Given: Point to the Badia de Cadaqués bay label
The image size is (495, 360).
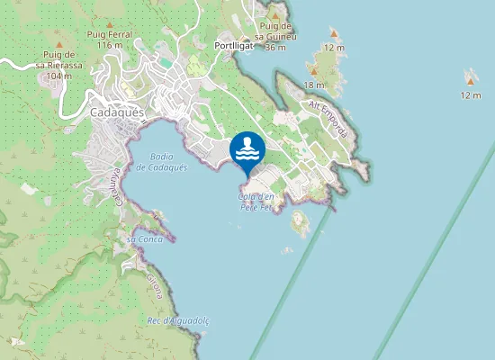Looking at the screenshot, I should pos(162,162).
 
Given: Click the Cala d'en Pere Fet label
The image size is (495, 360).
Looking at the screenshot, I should pos(256,202).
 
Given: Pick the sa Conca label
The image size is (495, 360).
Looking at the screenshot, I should pos(143,238).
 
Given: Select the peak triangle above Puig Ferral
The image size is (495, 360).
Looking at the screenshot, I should pos(110,24).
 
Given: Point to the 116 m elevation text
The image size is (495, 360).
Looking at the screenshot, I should pos(110,45).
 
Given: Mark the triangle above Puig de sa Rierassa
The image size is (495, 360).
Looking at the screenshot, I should pos(60,43).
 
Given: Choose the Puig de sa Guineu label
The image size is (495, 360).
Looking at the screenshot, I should pos(276,31).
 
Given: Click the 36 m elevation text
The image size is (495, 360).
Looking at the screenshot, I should pos(276,47).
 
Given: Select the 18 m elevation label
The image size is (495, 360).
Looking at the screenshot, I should pos(313,85).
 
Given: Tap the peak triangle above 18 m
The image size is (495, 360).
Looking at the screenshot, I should pos(314,69).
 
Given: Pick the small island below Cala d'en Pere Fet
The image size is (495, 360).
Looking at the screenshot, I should pos(300,221).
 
